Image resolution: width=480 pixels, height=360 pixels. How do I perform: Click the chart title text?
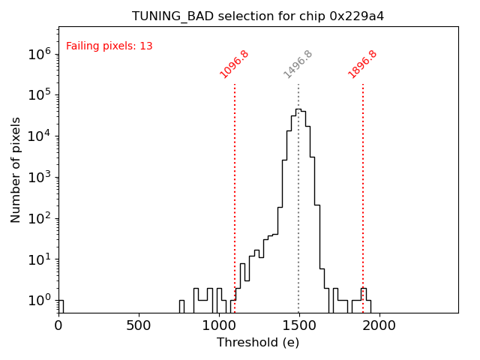tap(258, 16)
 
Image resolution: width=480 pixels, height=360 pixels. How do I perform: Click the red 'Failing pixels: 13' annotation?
tap(109, 46)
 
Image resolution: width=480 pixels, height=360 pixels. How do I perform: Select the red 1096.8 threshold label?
tap(235, 64)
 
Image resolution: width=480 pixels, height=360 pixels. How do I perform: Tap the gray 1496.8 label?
tap(298, 64)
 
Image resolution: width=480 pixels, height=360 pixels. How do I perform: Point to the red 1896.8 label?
tap(363, 64)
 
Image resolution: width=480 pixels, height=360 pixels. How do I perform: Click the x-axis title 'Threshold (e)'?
tap(258, 343)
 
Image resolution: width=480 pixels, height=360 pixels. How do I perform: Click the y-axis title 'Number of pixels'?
tap(16, 169)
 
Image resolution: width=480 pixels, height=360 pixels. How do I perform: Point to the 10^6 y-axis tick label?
tap(39, 54)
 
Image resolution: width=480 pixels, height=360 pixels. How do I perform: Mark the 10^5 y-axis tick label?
tap(39, 95)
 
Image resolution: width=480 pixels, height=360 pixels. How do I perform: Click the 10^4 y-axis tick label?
tap(39, 136)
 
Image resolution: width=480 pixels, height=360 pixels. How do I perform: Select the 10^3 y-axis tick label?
tap(39, 178)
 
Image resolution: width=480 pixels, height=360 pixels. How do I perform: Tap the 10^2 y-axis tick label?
tap(39, 219)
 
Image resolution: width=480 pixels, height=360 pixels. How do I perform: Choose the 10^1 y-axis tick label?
tap(39, 260)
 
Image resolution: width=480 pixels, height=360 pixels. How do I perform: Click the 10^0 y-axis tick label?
tap(39, 301)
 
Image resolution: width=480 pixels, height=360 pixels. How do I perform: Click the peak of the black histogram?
tap(298, 109)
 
